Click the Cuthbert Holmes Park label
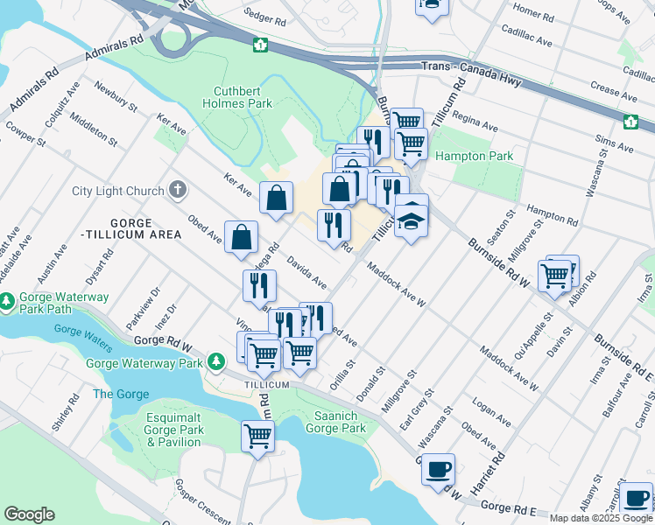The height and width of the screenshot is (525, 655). coord(243,97)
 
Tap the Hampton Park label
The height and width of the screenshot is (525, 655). coord(474,156)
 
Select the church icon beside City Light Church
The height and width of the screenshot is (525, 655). coord(178,190)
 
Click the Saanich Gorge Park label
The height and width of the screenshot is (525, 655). coord(335,422)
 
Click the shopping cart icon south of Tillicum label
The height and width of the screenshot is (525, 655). coord(257,435)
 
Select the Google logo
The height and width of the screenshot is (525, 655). coord(28,514)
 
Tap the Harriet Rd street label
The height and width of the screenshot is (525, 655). coord(497,470)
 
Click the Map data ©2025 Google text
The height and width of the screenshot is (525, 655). coord(602,518)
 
